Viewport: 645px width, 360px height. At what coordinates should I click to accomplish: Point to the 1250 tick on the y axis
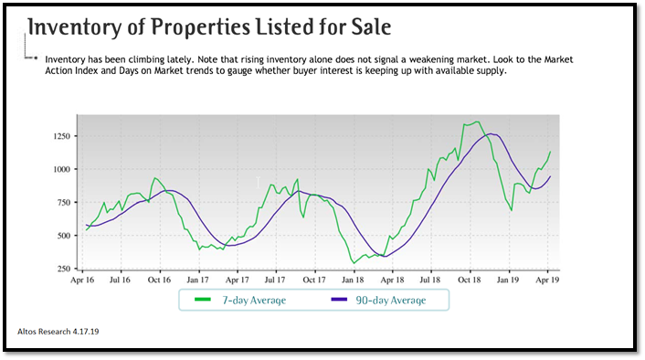[61, 136]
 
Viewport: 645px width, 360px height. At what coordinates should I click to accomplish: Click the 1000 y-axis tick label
[61, 170]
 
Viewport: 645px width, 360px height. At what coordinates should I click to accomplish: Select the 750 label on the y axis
[63, 203]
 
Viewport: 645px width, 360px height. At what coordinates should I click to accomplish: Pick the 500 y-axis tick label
[63, 236]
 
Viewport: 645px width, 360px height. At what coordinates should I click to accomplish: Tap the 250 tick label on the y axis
[63, 270]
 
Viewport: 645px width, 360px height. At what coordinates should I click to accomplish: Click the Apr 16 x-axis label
[83, 282]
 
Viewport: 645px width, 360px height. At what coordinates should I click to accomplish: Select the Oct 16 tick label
[160, 282]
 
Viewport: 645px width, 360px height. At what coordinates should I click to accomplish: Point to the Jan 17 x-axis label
[198, 282]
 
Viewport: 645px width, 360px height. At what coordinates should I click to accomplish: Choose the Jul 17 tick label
[276, 282]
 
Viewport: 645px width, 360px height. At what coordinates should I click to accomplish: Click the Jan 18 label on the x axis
[354, 282]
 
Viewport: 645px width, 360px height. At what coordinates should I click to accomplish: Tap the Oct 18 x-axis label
[471, 282]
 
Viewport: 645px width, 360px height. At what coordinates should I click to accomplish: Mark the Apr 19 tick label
[548, 282]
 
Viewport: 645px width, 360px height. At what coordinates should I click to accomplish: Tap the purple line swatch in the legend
[339, 300]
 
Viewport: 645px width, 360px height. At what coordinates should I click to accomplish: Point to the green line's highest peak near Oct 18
[478, 122]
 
